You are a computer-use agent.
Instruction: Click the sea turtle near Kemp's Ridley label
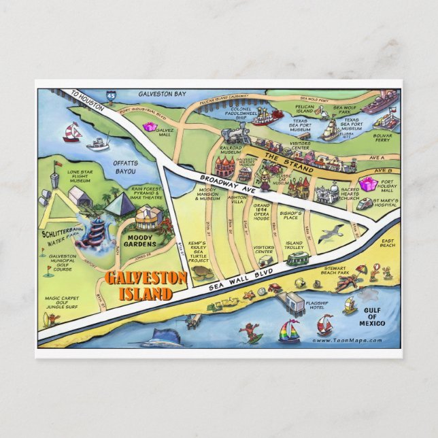pos(201,271)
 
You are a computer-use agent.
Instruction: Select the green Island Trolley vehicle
pos(297,259)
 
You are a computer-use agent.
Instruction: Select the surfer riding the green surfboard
pos(252,333)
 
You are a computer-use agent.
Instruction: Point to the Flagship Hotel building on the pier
pos(294,301)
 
